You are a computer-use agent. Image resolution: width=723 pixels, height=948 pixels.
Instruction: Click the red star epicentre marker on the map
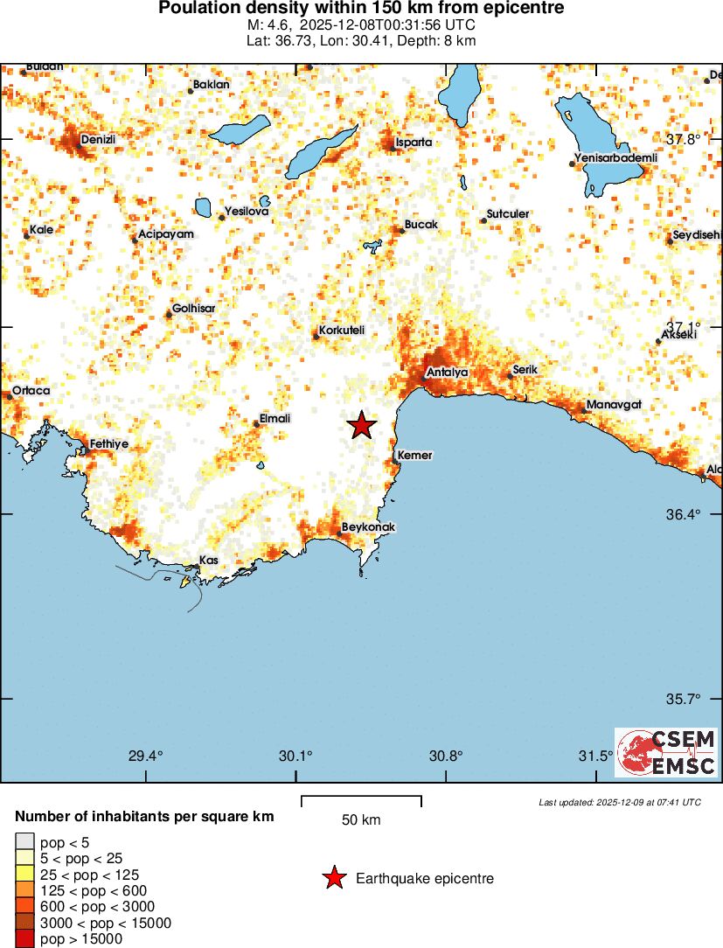[362, 425]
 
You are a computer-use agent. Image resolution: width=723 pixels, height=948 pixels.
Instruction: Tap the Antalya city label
[447, 373]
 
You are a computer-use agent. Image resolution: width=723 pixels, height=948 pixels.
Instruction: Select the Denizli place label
[98, 139]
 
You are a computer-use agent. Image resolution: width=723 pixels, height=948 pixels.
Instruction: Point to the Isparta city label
[414, 142]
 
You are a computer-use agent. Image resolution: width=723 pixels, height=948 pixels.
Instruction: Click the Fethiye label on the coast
[109, 444]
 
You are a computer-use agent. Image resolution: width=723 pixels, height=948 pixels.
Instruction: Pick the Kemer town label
[414, 456]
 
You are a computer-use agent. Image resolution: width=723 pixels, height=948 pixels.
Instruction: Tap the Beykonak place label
[368, 527]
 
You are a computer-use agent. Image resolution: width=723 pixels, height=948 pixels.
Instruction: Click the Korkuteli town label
[342, 330]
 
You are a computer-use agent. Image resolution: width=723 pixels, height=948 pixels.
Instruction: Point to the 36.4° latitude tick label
[683, 514]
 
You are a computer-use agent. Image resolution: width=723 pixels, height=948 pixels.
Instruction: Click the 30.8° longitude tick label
[446, 756]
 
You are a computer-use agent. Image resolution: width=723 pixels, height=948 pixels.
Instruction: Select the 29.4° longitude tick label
[146, 756]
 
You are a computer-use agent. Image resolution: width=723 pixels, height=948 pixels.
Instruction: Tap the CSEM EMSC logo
[667, 753]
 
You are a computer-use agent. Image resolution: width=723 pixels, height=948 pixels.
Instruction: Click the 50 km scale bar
[361, 801]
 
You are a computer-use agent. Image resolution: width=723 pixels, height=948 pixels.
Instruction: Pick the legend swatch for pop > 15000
[24, 939]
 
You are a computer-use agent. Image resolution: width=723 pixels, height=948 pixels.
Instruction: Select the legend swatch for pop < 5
[24, 843]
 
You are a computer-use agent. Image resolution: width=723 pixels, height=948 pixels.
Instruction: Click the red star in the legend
[334, 878]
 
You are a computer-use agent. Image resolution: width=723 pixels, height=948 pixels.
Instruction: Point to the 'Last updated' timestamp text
[619, 802]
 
